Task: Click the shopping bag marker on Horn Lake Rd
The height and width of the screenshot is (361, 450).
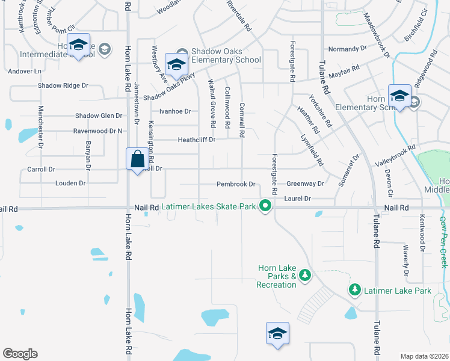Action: click(x=137, y=160)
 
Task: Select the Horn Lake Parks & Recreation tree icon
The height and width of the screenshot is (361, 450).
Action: click(x=305, y=275)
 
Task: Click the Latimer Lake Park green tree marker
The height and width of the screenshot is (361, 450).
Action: click(x=355, y=290)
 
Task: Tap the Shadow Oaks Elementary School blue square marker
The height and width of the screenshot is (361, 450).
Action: click(x=176, y=65)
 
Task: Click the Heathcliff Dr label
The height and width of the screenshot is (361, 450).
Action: click(x=196, y=140)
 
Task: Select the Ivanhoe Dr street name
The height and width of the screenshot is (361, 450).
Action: click(x=175, y=111)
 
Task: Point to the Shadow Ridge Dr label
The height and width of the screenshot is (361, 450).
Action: click(x=63, y=86)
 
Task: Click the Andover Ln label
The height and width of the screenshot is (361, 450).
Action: click(x=25, y=71)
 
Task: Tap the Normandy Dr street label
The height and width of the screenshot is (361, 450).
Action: click(x=347, y=48)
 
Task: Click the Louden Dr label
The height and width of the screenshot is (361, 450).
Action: click(x=70, y=182)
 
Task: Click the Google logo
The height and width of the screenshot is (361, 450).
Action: click(x=20, y=354)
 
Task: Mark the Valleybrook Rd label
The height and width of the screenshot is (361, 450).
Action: click(x=395, y=155)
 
